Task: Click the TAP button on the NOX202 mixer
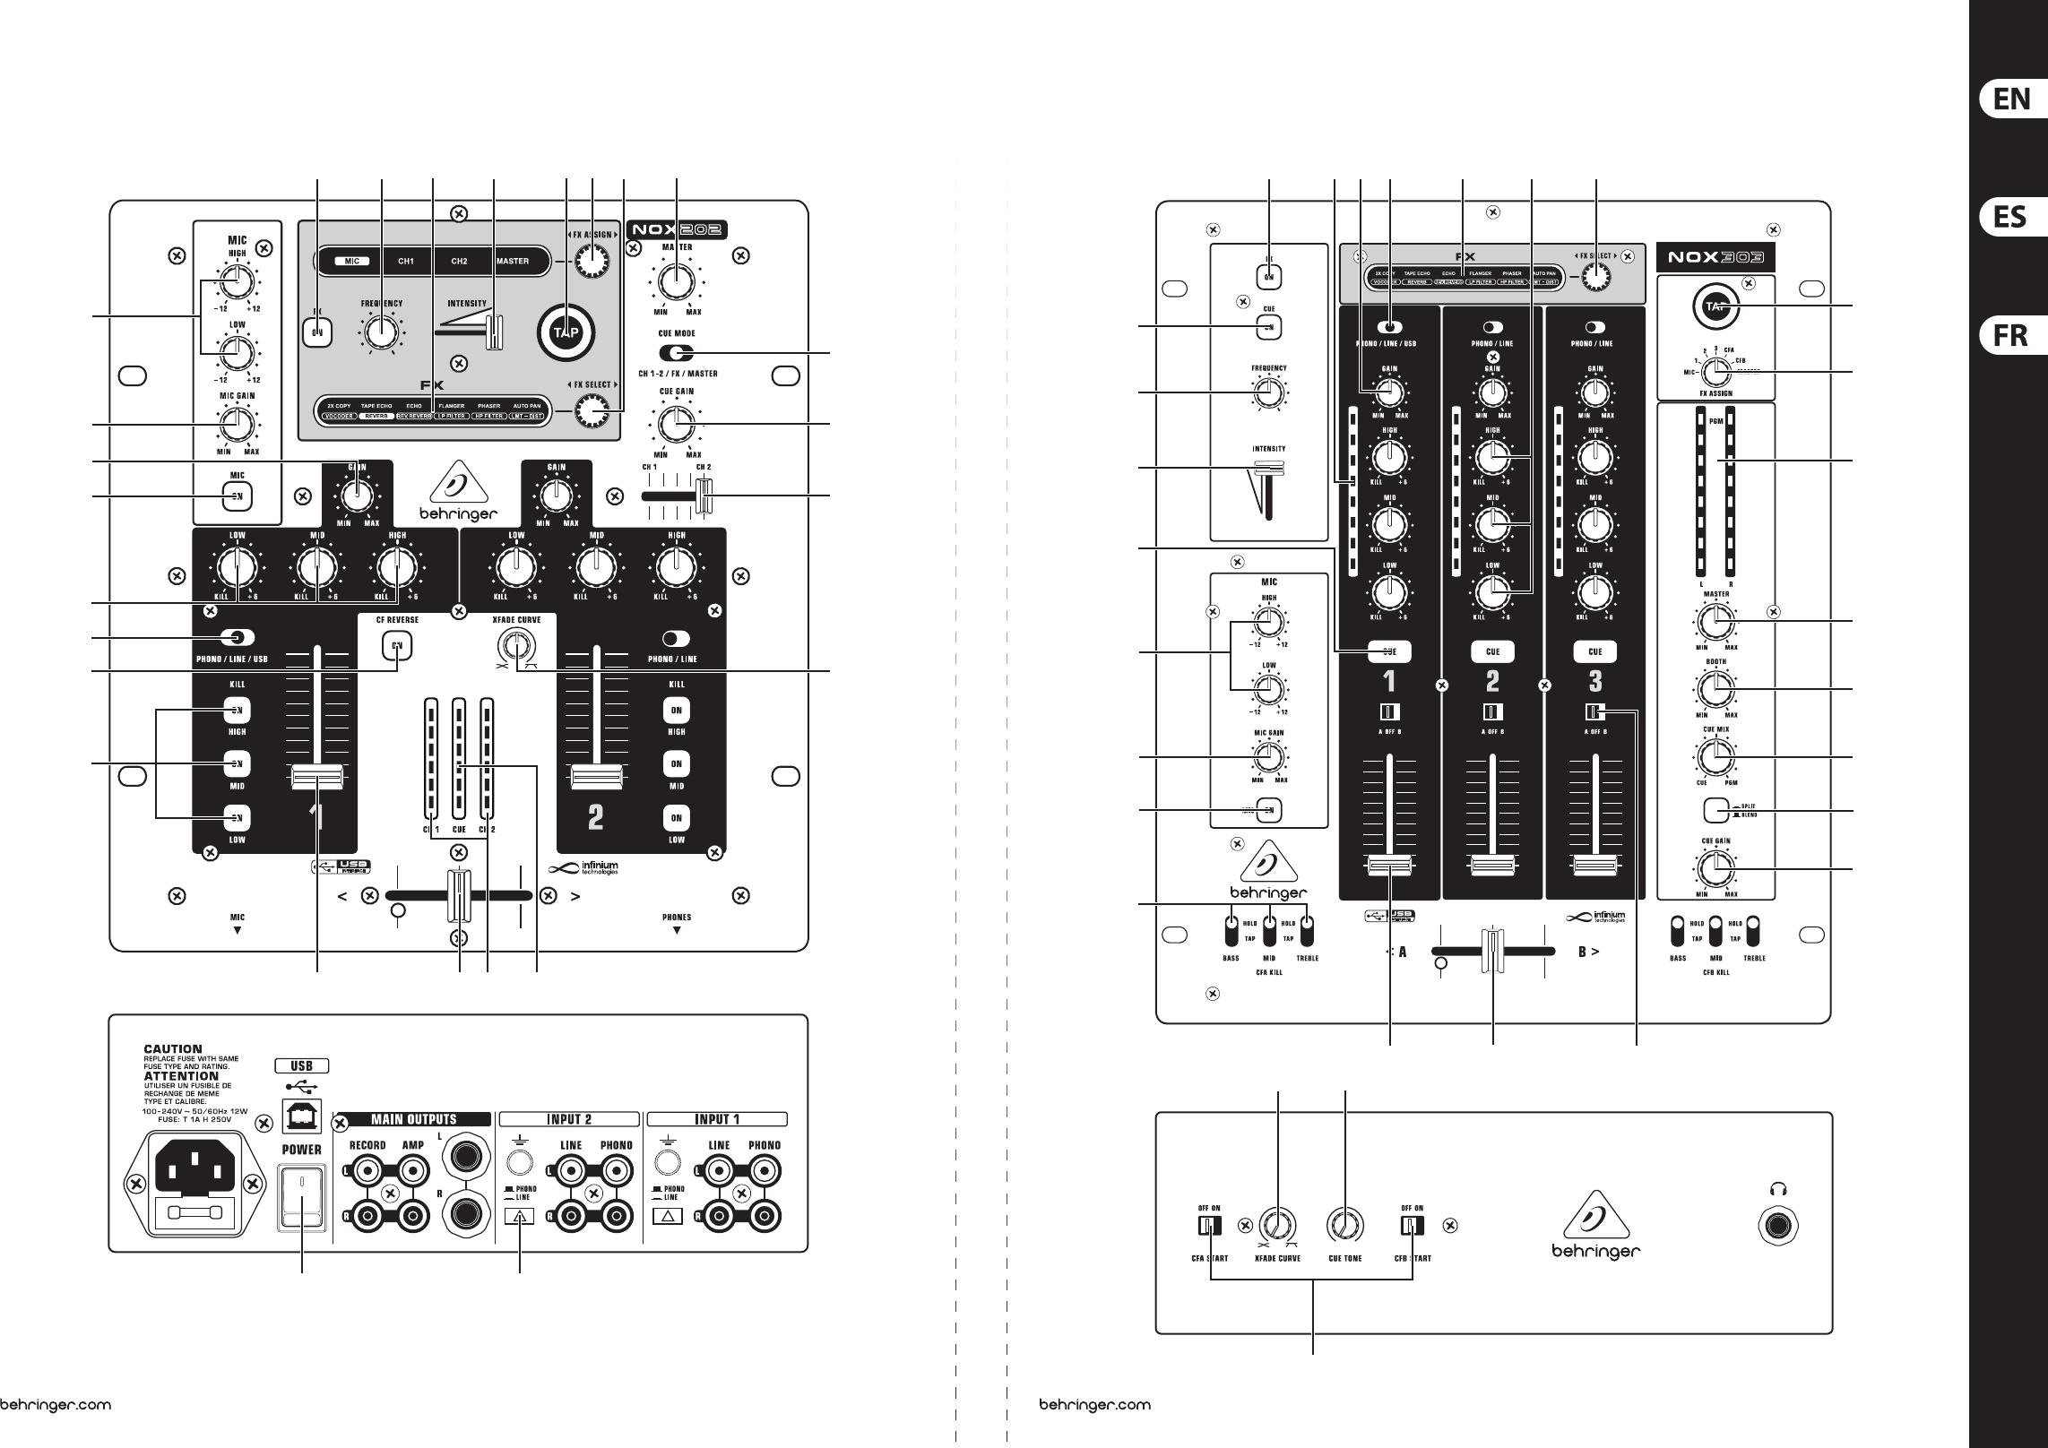pos(566,332)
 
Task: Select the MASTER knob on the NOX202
pos(677,281)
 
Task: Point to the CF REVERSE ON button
pos(397,644)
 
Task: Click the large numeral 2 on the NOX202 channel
pos(595,816)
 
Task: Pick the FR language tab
pos(2010,336)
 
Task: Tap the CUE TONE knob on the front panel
pos(1346,1225)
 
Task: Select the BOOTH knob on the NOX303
pos(1715,689)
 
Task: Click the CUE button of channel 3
pos(1595,651)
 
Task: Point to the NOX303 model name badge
pos(1715,257)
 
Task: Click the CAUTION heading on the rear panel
pos(173,1048)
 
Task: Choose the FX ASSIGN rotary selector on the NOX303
pos(1715,371)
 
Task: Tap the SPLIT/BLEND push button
pos(1715,811)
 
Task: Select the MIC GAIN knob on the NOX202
pos(237,425)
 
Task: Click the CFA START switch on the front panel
pos(1209,1225)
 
